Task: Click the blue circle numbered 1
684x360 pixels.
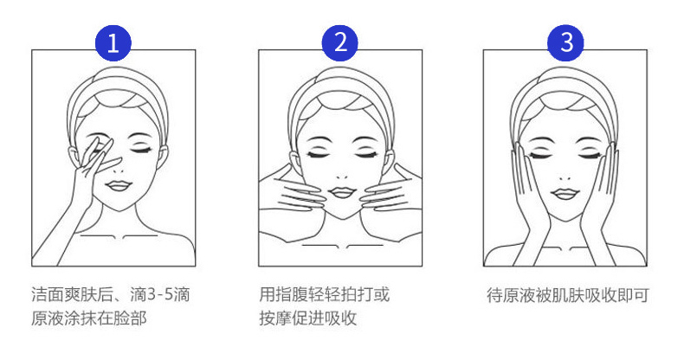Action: pyautogui.click(x=113, y=43)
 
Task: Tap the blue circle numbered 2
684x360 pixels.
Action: pyautogui.click(x=339, y=43)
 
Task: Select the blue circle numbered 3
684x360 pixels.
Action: pyautogui.click(x=565, y=43)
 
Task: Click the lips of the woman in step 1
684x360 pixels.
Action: pyautogui.click(x=119, y=186)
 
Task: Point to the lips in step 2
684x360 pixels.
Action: pyautogui.click(x=343, y=192)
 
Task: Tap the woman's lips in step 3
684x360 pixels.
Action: pyautogui.click(x=565, y=194)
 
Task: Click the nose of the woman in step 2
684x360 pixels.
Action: pyautogui.click(x=343, y=177)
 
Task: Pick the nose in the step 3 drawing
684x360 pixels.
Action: pyautogui.click(x=565, y=177)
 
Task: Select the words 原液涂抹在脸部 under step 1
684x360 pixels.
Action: pyautogui.click(x=89, y=318)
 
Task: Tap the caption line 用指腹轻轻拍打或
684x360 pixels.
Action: pyautogui.click(x=324, y=294)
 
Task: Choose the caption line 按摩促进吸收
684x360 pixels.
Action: pyautogui.click(x=308, y=318)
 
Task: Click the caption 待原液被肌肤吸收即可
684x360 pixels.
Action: pyautogui.click(x=567, y=295)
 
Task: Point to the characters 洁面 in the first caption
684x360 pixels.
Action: pyautogui.click(x=48, y=294)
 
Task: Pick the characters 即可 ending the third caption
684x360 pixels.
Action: pyautogui.click(x=633, y=295)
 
